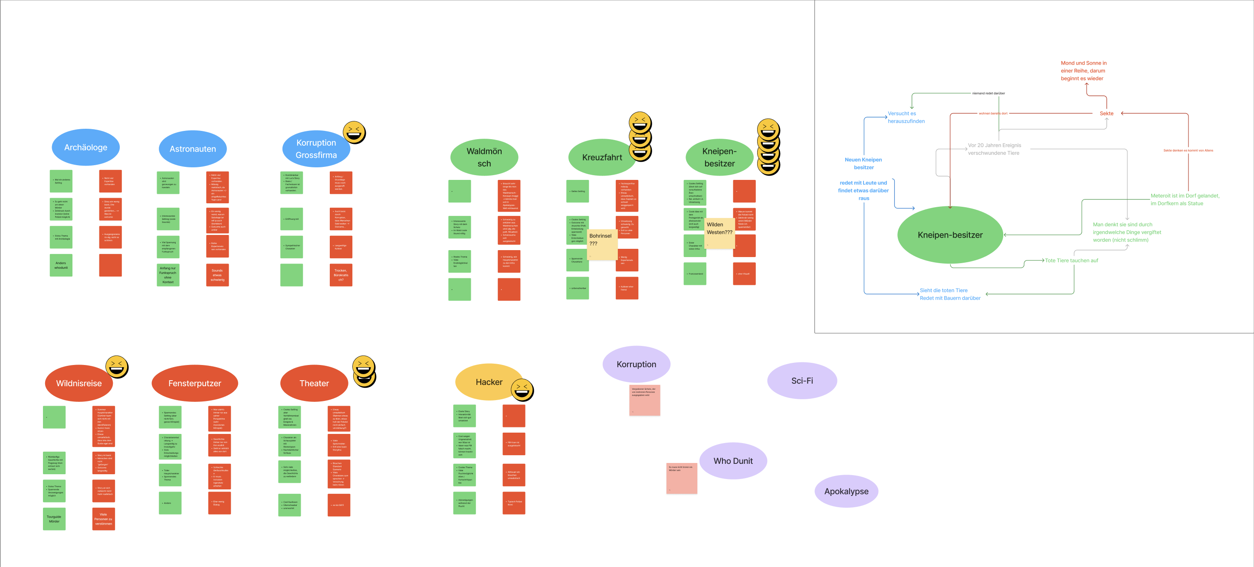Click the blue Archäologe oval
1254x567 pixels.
(85, 147)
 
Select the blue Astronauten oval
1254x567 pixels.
(192, 149)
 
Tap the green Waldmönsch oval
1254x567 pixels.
(484, 157)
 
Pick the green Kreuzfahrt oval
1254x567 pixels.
(602, 157)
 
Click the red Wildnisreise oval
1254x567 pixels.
(79, 383)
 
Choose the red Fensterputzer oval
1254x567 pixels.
(195, 383)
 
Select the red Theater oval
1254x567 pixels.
(314, 383)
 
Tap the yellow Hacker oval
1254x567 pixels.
(489, 382)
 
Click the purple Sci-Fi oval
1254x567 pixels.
(802, 381)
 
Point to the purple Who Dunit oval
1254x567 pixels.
(732, 460)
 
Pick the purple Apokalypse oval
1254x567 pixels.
(846, 491)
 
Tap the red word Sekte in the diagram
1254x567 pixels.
(1106, 113)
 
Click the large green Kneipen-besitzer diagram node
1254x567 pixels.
(950, 235)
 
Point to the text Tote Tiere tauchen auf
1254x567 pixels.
(1071, 261)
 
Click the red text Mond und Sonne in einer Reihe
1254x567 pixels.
(1083, 71)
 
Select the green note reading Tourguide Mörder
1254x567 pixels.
(54, 519)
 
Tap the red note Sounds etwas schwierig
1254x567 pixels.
(217, 275)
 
